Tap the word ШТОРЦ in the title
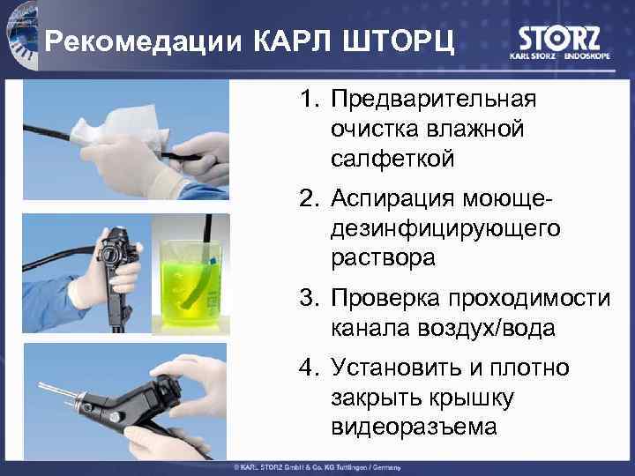click(x=399, y=41)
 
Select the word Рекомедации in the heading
click(x=144, y=41)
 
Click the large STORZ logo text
click(x=559, y=39)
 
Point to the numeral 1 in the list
click(x=310, y=99)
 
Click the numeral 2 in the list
click(x=310, y=198)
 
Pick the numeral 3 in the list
click(x=310, y=297)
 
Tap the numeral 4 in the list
click(x=310, y=367)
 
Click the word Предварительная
click(x=434, y=100)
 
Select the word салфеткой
click(x=392, y=159)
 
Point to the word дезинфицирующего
click(x=446, y=229)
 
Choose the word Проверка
click(x=385, y=299)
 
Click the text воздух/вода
click(x=486, y=328)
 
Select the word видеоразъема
click(x=414, y=427)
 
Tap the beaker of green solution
click(x=190, y=283)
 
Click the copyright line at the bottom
click(x=317, y=467)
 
